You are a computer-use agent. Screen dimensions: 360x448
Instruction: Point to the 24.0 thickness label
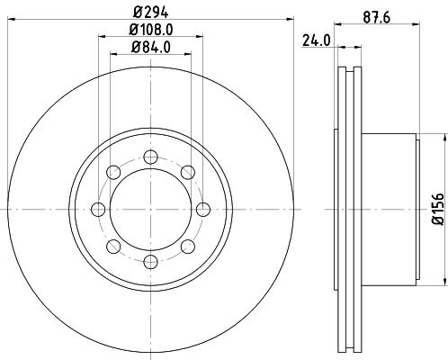(313, 40)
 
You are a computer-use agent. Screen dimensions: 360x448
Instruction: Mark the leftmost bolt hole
(98, 209)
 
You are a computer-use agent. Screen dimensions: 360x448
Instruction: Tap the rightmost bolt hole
(203, 209)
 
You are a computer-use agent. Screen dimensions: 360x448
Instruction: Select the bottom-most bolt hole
(150, 262)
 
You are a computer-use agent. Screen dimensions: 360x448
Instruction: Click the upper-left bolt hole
(113, 172)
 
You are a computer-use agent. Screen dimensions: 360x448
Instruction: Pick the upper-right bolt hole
(187, 172)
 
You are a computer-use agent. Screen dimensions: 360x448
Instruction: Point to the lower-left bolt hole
(113, 246)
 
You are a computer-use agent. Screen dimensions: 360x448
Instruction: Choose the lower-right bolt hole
(187, 246)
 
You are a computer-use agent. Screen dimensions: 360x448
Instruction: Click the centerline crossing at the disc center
(150, 209)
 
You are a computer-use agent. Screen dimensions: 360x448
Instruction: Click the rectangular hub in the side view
(391, 209)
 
